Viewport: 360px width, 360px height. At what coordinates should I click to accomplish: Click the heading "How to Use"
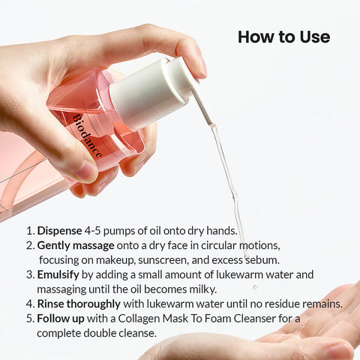(x=283, y=37)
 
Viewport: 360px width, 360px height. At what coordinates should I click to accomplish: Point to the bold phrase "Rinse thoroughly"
(x=79, y=304)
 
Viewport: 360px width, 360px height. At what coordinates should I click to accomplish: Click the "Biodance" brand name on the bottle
(x=89, y=136)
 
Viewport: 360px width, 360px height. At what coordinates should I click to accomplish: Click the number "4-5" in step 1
(x=104, y=231)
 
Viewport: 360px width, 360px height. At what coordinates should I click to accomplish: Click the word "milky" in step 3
(x=199, y=289)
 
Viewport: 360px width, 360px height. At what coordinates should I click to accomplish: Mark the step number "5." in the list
(x=30, y=318)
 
